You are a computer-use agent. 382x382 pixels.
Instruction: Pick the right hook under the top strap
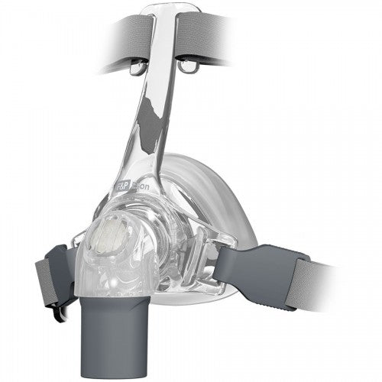click(x=185, y=68)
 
